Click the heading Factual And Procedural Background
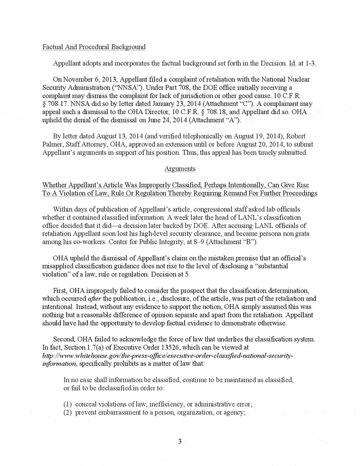(94, 47)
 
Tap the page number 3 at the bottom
(180, 441)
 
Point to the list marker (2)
(68, 413)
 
